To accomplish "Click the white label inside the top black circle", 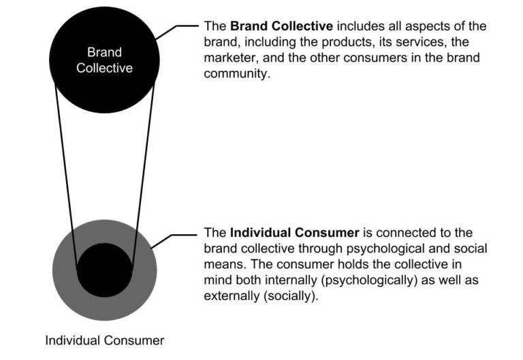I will pyautogui.click(x=104, y=60).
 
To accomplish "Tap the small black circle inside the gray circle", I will pyautogui.click(x=104, y=269).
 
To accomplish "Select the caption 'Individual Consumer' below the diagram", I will pyautogui.click(x=104, y=340).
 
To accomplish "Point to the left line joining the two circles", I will pyautogui.click(x=66, y=177).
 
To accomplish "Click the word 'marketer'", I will pyautogui.click(x=227, y=58).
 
